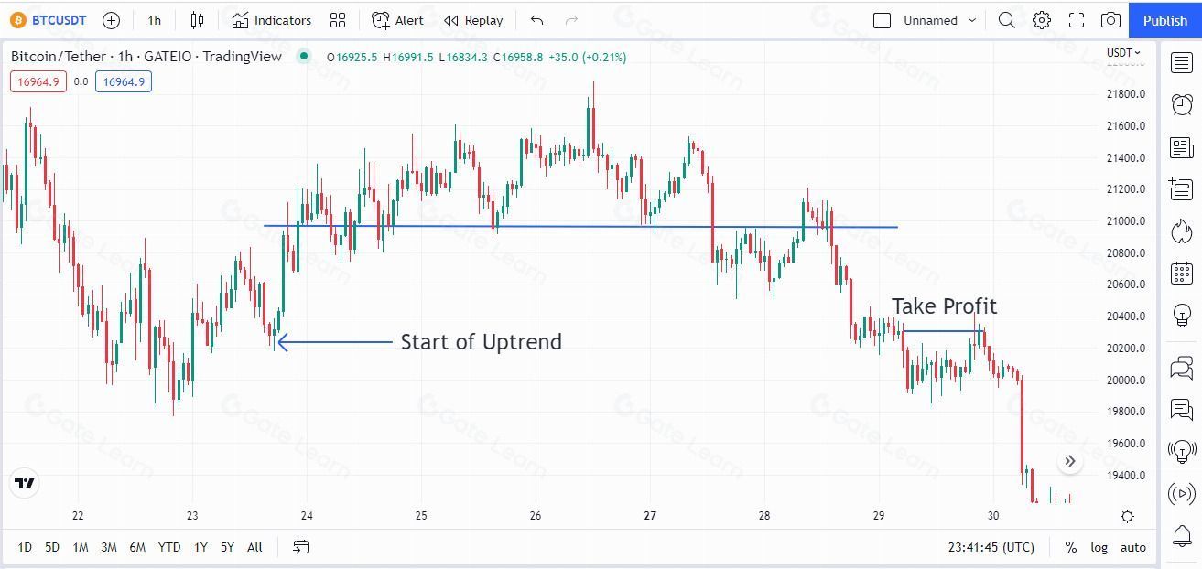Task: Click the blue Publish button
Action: pos(1164,20)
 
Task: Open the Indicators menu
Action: pos(272,20)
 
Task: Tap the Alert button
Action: pos(398,20)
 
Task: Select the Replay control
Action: pos(473,20)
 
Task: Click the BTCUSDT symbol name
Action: pos(59,20)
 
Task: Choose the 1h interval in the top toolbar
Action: pos(154,20)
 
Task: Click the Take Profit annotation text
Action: pos(944,306)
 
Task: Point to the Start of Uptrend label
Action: pos(481,342)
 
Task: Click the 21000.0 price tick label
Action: pos(1125,221)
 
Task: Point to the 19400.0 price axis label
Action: pos(1125,476)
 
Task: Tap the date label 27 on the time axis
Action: pos(650,516)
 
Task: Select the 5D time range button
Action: pos(52,547)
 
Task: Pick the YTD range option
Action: pos(168,547)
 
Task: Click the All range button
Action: pos(254,547)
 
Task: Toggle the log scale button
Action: pos(1099,547)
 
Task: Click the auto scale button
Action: pos(1133,547)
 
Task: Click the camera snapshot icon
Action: pos(1110,20)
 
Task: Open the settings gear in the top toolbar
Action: pos(1042,20)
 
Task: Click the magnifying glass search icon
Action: pos(1006,20)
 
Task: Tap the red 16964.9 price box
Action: pos(38,81)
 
